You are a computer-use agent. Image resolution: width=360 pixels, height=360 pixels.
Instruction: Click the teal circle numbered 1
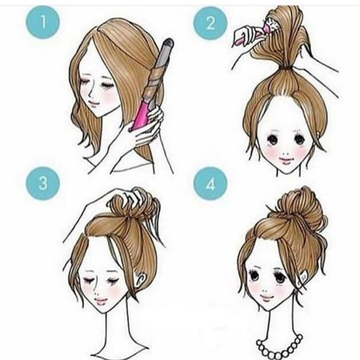tap(42, 22)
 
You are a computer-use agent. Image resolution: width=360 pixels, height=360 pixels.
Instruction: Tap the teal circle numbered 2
tap(210, 23)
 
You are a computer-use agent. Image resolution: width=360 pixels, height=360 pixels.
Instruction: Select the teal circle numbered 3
tap(42, 184)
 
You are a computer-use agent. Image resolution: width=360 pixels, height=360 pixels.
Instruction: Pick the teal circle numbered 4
tap(210, 184)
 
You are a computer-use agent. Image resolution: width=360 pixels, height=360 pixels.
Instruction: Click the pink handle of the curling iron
tap(142, 113)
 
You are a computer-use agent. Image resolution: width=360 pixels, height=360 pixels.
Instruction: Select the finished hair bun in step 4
tap(300, 207)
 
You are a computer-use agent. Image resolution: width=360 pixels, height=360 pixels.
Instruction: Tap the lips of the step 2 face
tap(285, 161)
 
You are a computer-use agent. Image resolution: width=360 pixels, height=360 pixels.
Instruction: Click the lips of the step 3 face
tap(101, 301)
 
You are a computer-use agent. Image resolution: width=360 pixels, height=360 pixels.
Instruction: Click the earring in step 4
tap(303, 279)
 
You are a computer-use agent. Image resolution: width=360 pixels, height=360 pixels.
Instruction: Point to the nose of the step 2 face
tap(286, 153)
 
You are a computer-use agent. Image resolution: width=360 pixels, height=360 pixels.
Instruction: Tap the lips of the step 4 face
tap(267, 298)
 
